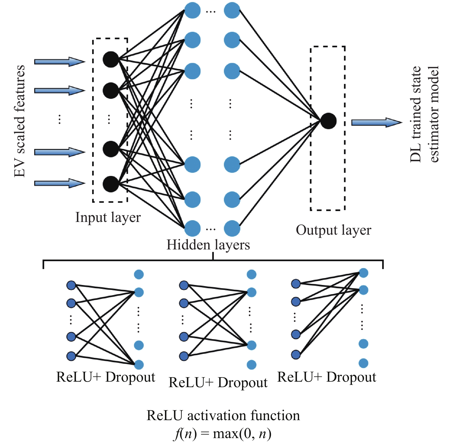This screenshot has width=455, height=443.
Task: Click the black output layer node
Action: tap(328, 121)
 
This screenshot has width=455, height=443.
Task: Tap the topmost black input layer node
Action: tap(111, 60)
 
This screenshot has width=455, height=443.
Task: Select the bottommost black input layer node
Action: tap(111, 184)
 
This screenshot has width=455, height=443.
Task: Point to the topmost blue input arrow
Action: tap(60, 62)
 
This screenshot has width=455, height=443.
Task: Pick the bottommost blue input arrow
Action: tap(60, 183)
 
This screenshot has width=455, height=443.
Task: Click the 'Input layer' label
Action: tap(108, 218)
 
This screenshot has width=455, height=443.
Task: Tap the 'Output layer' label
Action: tap(333, 231)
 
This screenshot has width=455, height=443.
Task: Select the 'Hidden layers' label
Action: tap(208, 245)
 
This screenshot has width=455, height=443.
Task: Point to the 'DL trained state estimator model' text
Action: tap(424, 114)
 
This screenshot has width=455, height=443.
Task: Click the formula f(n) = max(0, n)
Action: tap(223, 434)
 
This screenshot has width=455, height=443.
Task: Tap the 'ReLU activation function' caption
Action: tap(223, 416)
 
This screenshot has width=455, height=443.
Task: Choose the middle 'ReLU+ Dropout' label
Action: tap(218, 383)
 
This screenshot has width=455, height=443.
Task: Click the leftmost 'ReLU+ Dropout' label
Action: tap(106, 377)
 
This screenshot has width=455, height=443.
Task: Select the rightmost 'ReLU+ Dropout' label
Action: tap(327, 377)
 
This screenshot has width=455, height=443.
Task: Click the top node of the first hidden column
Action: tap(192, 10)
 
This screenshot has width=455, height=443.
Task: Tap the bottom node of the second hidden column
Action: tap(232, 228)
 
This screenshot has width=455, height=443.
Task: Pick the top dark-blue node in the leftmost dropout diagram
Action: tap(71, 285)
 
